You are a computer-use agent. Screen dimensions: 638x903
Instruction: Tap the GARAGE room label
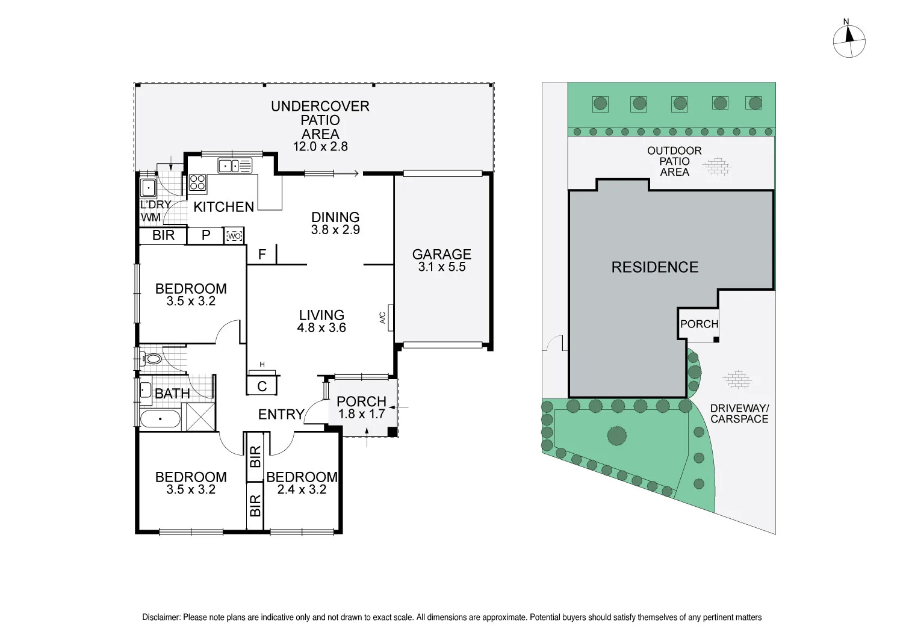[x=441, y=255]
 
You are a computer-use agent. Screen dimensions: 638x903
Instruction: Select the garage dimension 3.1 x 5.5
[x=441, y=267]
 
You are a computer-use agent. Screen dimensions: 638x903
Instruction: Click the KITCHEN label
[x=223, y=207]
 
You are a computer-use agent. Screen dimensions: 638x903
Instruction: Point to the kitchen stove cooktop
[x=197, y=182]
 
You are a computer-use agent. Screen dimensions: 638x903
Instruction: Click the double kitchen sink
[x=235, y=166]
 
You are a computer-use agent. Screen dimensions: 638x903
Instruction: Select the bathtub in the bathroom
[x=160, y=419]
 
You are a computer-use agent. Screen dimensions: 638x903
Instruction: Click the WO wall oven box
[x=234, y=236]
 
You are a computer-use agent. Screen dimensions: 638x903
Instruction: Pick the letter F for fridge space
[x=262, y=255]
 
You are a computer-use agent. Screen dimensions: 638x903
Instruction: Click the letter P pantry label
[x=206, y=235]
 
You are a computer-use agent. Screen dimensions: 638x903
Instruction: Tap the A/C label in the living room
[x=382, y=318]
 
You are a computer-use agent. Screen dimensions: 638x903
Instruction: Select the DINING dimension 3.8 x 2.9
[x=335, y=230]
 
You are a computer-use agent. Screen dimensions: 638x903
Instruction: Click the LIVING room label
[x=321, y=315]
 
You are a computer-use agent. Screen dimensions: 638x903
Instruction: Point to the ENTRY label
[x=281, y=414]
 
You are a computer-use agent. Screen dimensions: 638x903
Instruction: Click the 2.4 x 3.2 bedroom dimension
[x=302, y=490]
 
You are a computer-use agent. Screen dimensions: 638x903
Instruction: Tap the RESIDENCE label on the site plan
[x=655, y=267]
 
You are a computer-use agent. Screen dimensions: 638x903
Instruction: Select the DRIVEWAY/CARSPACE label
[x=739, y=413]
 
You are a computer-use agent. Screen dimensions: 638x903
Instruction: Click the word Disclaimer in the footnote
[x=161, y=618]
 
